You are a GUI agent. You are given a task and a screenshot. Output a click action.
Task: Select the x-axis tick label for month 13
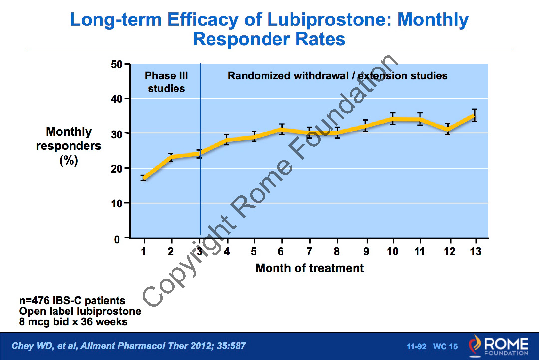pyautogui.click(x=475, y=251)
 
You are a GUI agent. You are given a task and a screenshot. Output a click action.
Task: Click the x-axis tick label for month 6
pyautogui.click(x=281, y=251)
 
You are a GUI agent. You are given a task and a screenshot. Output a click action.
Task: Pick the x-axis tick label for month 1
pyautogui.click(x=143, y=251)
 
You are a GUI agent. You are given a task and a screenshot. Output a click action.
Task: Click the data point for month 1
pyautogui.click(x=144, y=178)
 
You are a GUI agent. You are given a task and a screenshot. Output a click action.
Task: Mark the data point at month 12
pyautogui.click(x=448, y=129)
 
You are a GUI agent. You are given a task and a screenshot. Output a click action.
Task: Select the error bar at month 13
pyautogui.click(x=475, y=115)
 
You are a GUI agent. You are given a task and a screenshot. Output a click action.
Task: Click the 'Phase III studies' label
pyautogui.click(x=166, y=82)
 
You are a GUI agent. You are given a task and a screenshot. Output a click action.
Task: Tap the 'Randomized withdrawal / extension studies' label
pyautogui.click(x=337, y=76)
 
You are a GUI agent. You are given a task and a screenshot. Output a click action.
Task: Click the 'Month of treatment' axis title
pyautogui.click(x=309, y=268)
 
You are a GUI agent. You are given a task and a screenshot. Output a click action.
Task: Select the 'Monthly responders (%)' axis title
pyautogui.click(x=69, y=146)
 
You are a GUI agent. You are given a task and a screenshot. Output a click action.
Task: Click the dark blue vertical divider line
pyautogui.click(x=200, y=150)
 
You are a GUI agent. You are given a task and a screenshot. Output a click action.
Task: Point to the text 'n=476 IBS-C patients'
pyautogui.click(x=72, y=300)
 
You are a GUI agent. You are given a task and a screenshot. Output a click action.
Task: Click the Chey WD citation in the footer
pyautogui.click(x=128, y=346)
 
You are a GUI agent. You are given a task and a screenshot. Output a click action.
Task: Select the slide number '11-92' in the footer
pyautogui.click(x=417, y=346)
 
